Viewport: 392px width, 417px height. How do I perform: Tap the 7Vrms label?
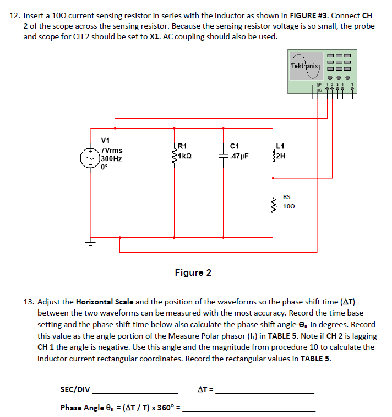112,150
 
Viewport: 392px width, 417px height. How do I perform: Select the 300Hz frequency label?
111,158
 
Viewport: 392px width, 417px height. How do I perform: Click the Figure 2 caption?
193,272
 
